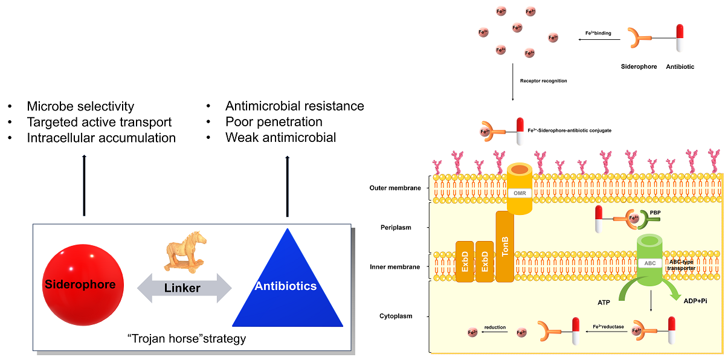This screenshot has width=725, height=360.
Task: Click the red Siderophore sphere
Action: click(81, 284)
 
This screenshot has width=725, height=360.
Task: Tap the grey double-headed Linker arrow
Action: click(183, 288)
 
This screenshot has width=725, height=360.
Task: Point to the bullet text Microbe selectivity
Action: click(80, 106)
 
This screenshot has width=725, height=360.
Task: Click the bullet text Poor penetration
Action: click(274, 122)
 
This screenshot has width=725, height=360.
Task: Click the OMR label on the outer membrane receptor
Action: click(520, 192)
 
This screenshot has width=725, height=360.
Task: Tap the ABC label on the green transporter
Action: click(650, 263)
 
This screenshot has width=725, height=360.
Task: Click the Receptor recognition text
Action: click(543, 80)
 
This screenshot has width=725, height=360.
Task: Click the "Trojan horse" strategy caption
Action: click(191, 338)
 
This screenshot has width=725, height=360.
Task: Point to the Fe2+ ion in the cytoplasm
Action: click(472, 332)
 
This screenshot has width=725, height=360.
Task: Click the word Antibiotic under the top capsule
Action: click(680, 66)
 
